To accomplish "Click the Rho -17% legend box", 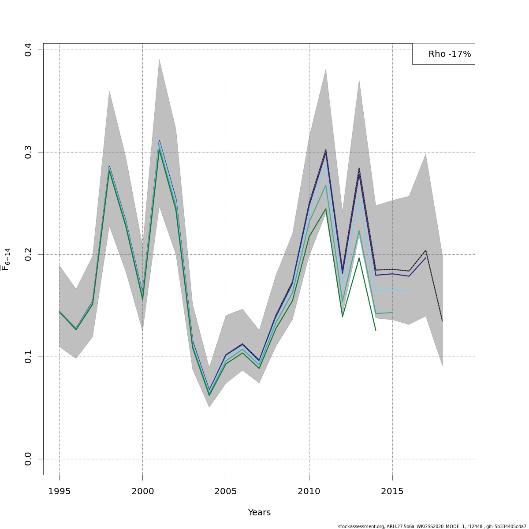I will click(443, 54).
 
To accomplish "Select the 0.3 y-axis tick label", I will click(28, 152).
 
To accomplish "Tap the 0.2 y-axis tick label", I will click(28, 254).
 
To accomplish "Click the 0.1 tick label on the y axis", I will click(28, 357).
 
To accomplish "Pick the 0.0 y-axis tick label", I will click(28, 459).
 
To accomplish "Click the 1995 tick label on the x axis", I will click(59, 491).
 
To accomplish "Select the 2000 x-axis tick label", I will click(142, 491).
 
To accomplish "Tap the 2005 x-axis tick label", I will click(226, 491).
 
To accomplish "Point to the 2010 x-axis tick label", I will click(309, 491).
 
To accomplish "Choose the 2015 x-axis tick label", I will click(392, 491).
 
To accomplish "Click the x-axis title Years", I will click(259, 513).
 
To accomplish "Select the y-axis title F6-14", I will click(6, 259).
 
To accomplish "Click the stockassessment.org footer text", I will click(432, 526).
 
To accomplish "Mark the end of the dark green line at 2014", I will click(376, 330).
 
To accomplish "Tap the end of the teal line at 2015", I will click(392, 313).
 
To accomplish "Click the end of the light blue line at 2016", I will click(409, 291).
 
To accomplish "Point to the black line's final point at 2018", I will click(442, 321).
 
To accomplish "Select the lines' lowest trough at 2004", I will click(209, 393).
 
